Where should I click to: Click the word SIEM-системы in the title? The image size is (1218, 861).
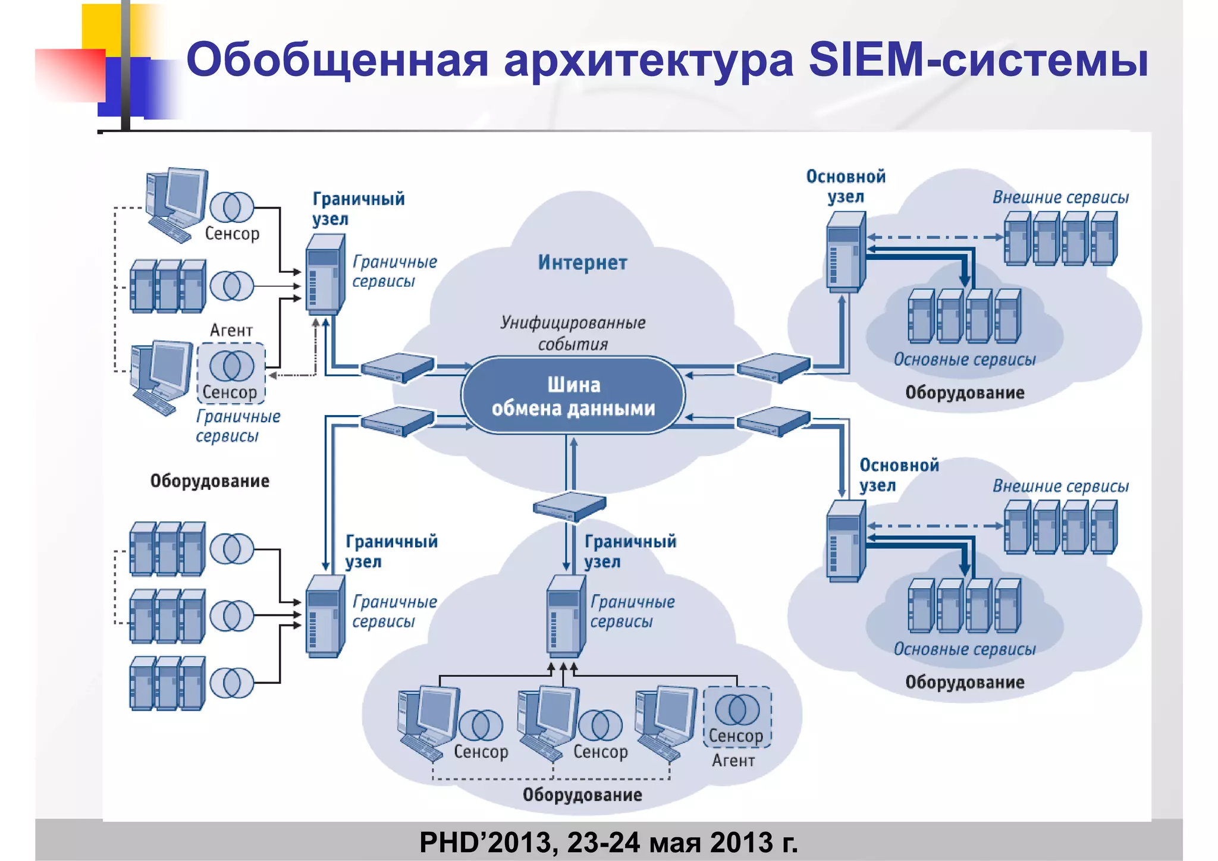pos(978,59)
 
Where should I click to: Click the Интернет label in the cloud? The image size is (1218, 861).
pos(582,262)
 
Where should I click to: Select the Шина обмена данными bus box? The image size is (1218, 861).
pos(573,396)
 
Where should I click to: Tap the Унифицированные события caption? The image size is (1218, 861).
pos(573,333)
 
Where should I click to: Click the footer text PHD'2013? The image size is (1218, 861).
pos(608,842)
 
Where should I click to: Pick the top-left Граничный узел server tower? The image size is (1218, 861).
pos(325,274)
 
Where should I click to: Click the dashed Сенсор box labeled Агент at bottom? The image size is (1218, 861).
pos(737,718)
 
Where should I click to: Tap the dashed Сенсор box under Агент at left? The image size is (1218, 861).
pos(231,373)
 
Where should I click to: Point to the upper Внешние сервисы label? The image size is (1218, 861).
pos(1060,197)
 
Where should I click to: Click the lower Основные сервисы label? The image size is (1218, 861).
pos(964,649)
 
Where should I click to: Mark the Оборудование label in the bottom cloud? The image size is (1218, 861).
pos(582,794)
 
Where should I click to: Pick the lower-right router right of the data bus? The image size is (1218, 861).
pos(773,421)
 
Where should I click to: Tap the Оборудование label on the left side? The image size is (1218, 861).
pos(209,480)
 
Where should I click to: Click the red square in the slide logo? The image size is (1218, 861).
pos(70,74)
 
